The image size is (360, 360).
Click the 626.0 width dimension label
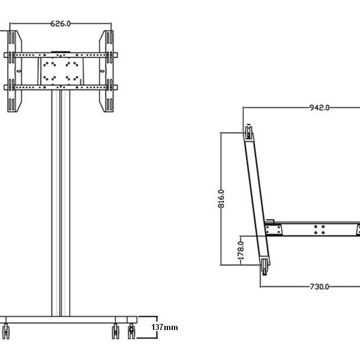point(61,23)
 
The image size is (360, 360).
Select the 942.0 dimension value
point(319,108)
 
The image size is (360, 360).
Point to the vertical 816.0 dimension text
point(221,198)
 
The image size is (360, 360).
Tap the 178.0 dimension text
point(241,248)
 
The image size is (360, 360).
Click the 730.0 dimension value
point(319,286)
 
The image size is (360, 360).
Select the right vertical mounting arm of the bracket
point(109,71)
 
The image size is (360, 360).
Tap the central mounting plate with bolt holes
point(60,71)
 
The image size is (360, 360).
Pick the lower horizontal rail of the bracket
point(60,88)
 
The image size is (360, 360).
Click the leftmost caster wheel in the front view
point(7,330)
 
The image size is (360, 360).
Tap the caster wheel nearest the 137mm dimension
point(131,331)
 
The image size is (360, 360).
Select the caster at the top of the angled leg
point(247,131)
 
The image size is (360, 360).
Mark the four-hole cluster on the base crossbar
point(320,229)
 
